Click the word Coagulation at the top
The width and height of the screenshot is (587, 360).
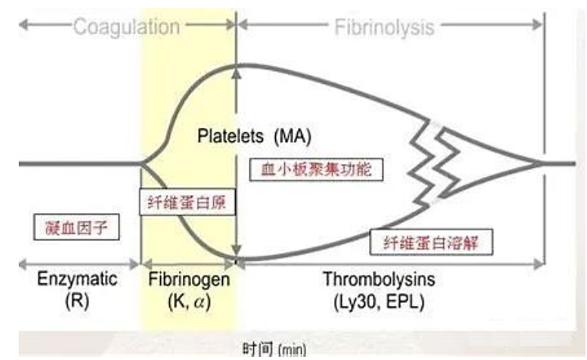pos(127,27)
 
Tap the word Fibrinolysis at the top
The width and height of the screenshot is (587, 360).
pos(384,27)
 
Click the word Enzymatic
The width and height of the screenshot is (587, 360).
pos(78,279)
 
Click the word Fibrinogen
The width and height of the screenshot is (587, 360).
pos(189,279)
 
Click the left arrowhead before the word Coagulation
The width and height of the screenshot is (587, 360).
pos(23,27)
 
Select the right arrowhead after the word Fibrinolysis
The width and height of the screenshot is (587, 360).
pos(540,27)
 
